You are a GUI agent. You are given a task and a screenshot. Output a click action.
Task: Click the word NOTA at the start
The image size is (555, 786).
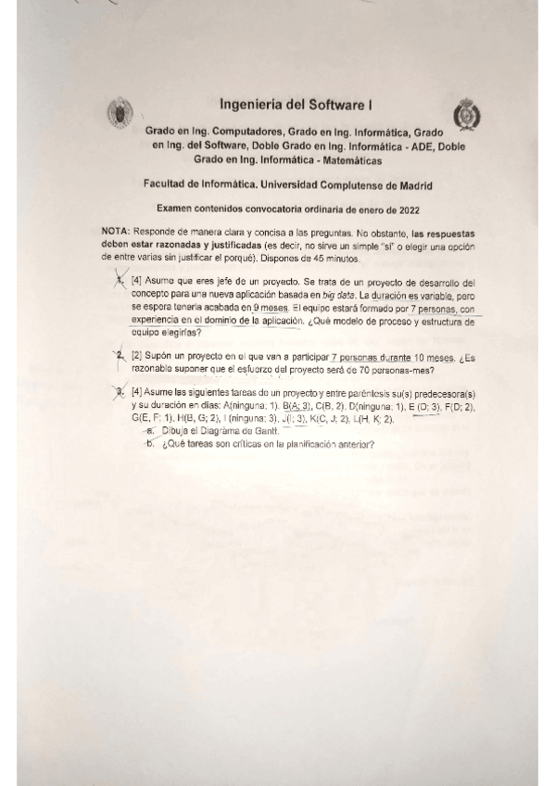[x=116, y=229]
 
